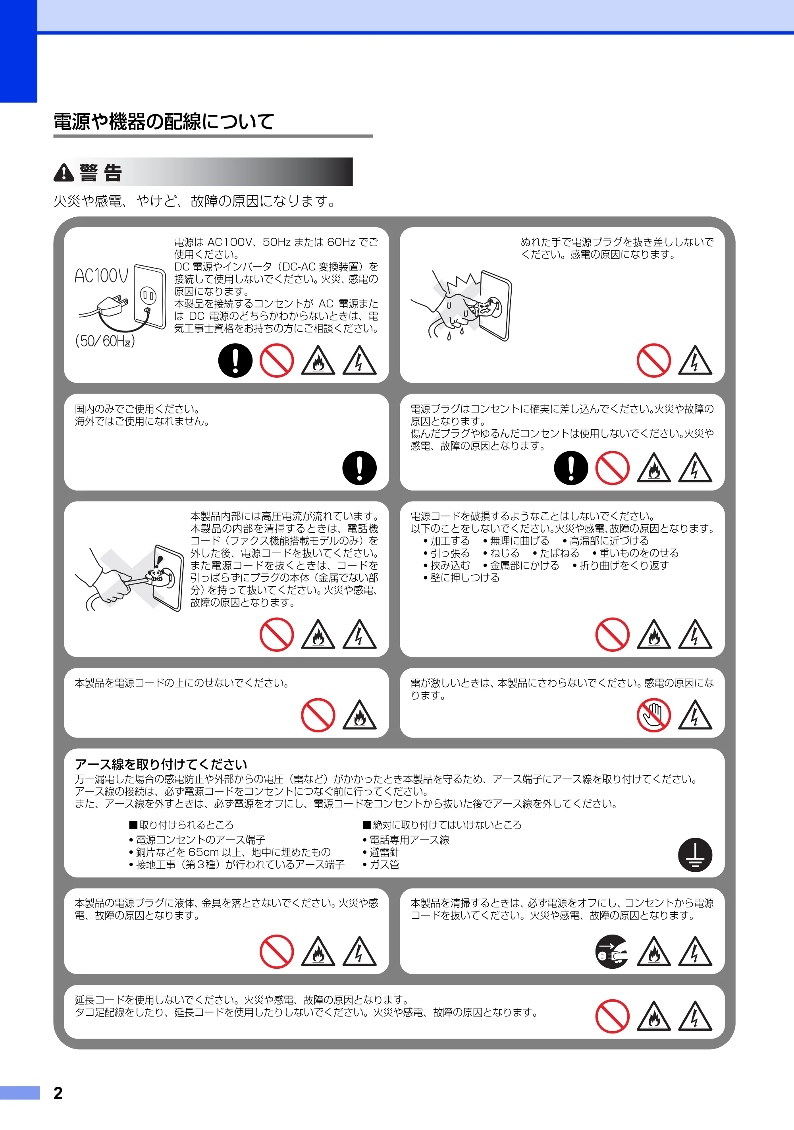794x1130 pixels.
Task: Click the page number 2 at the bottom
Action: pos(58,1093)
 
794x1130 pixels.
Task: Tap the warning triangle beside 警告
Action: pos(64,173)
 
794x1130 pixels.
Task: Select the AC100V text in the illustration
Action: pos(101,276)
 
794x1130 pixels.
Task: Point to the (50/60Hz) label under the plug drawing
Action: pos(105,340)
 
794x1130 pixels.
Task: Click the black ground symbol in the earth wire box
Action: pos(695,855)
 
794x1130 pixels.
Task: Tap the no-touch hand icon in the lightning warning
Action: pos(653,715)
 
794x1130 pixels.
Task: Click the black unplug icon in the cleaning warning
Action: pos(612,951)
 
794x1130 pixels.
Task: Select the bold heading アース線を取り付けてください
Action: pos(161,764)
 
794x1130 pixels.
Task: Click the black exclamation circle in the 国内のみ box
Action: pos(359,467)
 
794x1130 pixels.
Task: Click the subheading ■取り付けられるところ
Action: pos(181,825)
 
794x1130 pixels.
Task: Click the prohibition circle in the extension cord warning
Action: pos(612,1016)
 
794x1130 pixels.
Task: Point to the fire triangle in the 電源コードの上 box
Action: pos(359,715)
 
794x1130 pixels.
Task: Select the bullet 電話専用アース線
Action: pos(406,840)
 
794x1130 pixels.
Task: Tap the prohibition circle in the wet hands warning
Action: pos(653,360)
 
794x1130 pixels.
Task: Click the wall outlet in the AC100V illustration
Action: pos(150,297)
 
